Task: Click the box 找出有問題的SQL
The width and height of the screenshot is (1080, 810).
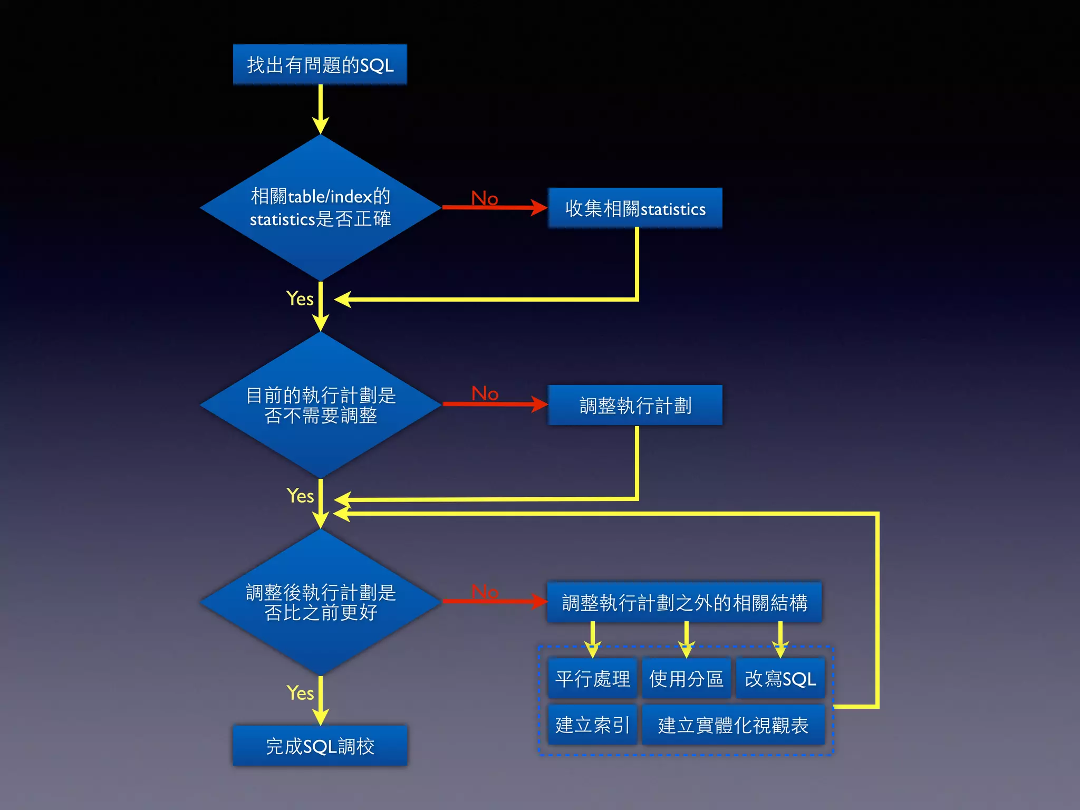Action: click(x=320, y=65)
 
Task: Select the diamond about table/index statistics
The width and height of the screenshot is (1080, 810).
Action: click(x=320, y=207)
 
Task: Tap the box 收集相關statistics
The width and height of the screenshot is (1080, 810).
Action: click(x=635, y=208)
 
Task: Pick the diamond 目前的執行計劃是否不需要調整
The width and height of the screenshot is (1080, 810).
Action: click(x=320, y=405)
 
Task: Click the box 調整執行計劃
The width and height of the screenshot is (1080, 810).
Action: click(x=635, y=405)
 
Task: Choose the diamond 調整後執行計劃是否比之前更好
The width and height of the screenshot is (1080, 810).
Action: click(x=320, y=602)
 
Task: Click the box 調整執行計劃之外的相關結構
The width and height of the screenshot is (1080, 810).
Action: click(x=684, y=602)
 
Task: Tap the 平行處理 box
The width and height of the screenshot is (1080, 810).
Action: click(x=592, y=679)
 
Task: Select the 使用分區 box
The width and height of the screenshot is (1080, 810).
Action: click(x=686, y=679)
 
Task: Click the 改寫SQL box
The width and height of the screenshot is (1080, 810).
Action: click(x=780, y=679)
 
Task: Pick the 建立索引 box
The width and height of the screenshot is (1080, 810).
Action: click(x=592, y=725)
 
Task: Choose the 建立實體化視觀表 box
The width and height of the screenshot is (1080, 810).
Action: click(x=733, y=725)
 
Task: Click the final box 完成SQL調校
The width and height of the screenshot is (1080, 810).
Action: click(x=320, y=746)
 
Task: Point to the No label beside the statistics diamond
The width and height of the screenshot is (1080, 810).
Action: click(x=484, y=198)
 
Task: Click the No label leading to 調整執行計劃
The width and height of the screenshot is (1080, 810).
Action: click(x=485, y=393)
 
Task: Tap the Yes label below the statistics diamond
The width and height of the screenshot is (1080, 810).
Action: click(x=300, y=298)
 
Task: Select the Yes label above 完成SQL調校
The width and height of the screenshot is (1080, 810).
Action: click(x=300, y=692)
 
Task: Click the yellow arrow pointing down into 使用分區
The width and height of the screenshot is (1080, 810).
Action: click(x=686, y=640)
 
